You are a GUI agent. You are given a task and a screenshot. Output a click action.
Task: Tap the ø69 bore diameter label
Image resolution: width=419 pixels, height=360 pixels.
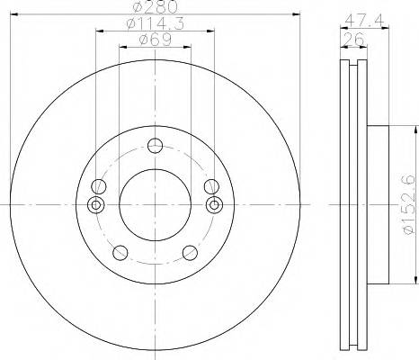(155, 40)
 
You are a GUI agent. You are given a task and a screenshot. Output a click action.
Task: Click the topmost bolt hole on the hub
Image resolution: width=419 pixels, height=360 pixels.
(156, 147)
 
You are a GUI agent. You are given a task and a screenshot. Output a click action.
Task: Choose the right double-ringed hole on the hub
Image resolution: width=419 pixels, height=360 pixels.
(214, 205)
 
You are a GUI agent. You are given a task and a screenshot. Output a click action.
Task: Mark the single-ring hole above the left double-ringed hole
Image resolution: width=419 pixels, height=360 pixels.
(99, 186)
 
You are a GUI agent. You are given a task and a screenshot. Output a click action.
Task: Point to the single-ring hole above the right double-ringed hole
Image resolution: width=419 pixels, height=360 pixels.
(211, 186)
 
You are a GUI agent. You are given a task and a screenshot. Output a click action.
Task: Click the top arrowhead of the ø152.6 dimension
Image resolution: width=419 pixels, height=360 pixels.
(394, 127)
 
